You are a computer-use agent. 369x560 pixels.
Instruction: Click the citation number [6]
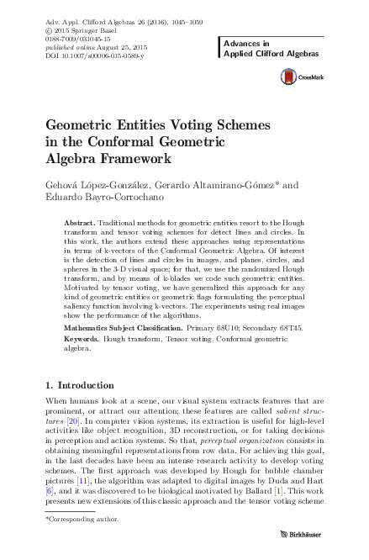[49, 489]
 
